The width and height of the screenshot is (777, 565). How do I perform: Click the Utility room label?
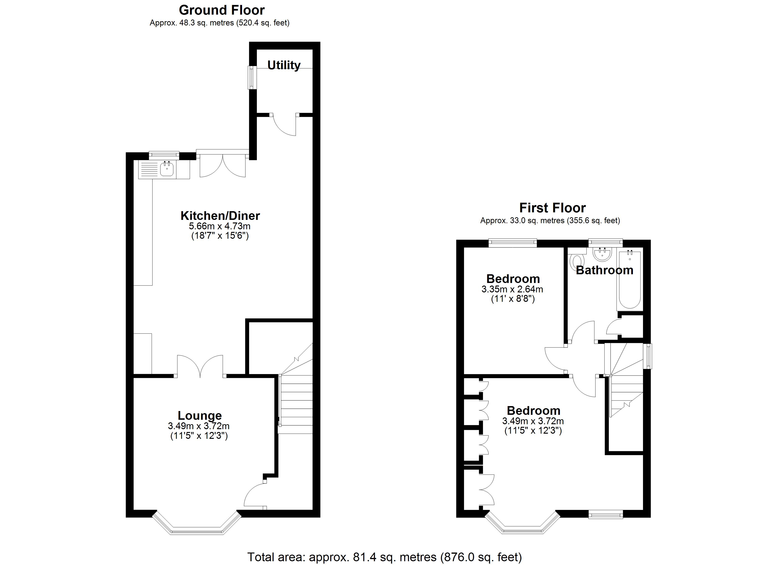click(284, 65)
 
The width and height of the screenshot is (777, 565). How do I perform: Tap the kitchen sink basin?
click(167, 169)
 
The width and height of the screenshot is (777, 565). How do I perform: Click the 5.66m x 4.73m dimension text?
click(220, 226)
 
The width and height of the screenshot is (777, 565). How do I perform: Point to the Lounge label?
click(200, 416)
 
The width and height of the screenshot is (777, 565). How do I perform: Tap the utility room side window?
click(252, 77)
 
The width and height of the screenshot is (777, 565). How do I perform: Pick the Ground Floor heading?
click(222, 10)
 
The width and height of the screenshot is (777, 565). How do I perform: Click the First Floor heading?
click(552, 208)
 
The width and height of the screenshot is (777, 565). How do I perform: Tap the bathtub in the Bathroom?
click(629, 279)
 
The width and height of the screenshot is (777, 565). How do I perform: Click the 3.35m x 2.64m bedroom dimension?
click(512, 289)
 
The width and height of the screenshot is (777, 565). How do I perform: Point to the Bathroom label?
click(604, 270)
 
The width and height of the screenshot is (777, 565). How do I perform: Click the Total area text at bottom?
click(384, 557)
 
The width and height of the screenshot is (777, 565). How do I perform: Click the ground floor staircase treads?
click(297, 404)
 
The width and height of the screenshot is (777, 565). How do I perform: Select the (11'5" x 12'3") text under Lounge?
click(199, 436)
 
